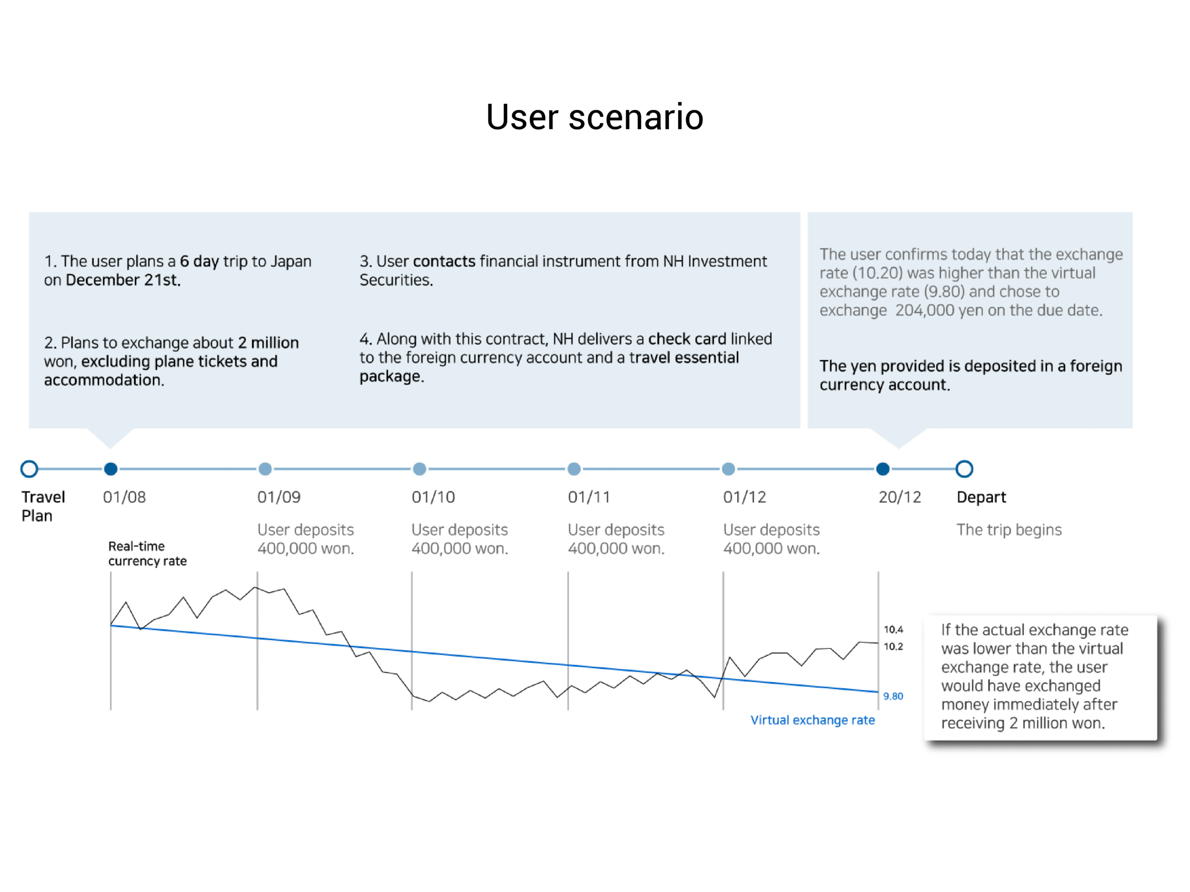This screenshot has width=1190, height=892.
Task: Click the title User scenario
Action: click(x=595, y=117)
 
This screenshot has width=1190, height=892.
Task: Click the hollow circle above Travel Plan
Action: click(x=29, y=469)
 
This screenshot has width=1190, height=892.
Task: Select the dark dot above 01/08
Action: click(x=111, y=469)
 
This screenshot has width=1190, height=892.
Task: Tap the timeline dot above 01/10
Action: click(x=420, y=469)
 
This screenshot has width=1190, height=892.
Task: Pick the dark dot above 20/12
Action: click(x=883, y=469)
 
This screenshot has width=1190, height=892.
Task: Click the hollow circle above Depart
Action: click(x=964, y=469)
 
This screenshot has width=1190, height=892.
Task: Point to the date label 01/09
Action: click(x=278, y=497)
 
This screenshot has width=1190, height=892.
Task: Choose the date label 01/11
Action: click(x=589, y=497)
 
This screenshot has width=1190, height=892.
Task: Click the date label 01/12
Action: click(x=745, y=497)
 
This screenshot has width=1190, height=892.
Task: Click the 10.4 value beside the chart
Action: click(x=893, y=629)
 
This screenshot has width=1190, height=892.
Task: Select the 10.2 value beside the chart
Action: click(x=893, y=646)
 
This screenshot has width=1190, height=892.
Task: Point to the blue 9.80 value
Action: click(x=893, y=696)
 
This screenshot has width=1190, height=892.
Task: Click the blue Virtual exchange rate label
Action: click(x=813, y=721)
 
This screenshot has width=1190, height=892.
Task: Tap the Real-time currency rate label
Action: click(x=147, y=554)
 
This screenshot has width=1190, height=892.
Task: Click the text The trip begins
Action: click(x=1009, y=530)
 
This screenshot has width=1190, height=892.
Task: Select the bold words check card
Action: click(x=687, y=339)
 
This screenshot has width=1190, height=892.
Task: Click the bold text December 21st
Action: click(x=123, y=280)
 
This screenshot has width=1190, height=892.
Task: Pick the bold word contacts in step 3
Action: click(x=444, y=261)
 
